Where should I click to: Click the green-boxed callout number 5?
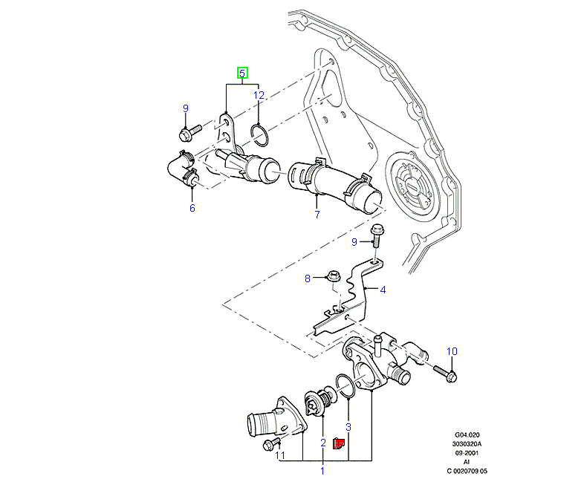(242, 73)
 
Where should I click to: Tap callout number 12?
(259, 95)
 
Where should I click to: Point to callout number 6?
(192, 208)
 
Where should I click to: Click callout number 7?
(317, 215)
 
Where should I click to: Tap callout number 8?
(307, 279)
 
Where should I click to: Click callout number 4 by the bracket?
(383, 290)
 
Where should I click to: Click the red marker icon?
(337, 443)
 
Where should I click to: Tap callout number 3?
(348, 428)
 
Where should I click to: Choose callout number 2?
(323, 443)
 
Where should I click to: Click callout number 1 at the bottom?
(322, 470)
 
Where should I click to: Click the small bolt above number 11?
(270, 445)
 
